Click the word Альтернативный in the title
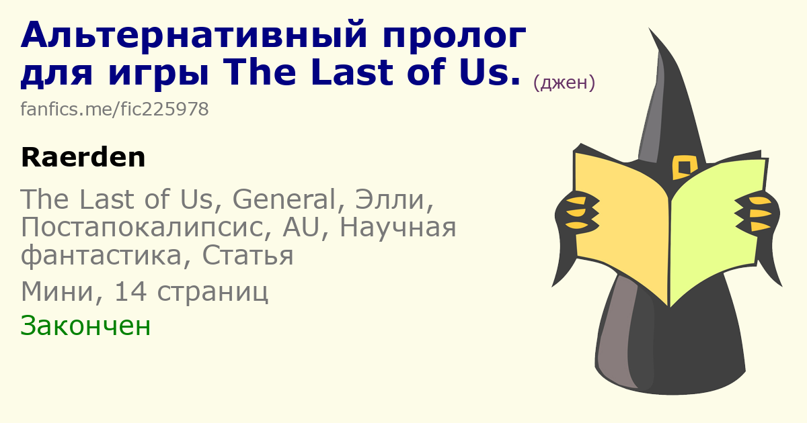click(194, 35)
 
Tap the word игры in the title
click(159, 75)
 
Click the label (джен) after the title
click(564, 83)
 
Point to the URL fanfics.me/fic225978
click(114, 109)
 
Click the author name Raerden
click(83, 157)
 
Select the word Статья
click(247, 255)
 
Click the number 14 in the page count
click(130, 291)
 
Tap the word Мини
click(62, 291)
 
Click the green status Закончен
click(85, 325)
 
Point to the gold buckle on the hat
click(684, 167)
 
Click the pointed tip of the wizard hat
click(650, 28)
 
